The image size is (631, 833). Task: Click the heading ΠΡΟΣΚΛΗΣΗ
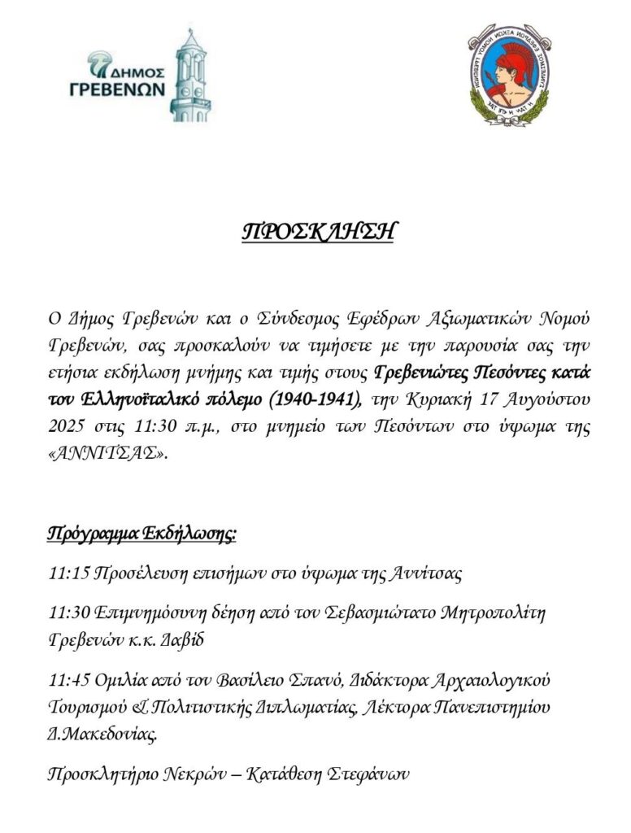click(x=318, y=231)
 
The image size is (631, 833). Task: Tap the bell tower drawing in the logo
click(x=190, y=76)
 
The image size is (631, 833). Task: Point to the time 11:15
click(x=68, y=574)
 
